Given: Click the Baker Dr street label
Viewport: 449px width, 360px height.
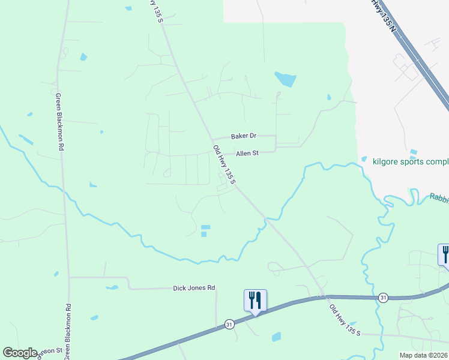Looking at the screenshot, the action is [244, 136].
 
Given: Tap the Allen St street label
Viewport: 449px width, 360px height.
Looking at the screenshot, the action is [247, 154].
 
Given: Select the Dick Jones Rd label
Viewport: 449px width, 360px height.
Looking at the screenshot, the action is [194, 288].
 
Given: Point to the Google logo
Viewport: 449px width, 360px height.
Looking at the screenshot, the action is [20, 353].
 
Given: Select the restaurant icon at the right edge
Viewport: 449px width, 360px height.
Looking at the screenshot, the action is [445, 254].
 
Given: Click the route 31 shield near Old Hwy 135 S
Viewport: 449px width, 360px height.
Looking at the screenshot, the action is [382, 297].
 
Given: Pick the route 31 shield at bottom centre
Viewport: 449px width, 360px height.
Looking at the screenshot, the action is [229, 324].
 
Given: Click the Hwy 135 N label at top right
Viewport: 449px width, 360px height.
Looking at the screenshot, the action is [384, 14].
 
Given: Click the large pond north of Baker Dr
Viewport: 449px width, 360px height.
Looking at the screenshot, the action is [285, 79].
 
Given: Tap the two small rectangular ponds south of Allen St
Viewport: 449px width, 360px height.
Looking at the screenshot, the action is [205, 230].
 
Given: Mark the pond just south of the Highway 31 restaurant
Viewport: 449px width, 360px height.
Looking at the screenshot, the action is [276, 337].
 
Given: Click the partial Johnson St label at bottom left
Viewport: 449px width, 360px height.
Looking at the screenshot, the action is [50, 350].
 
